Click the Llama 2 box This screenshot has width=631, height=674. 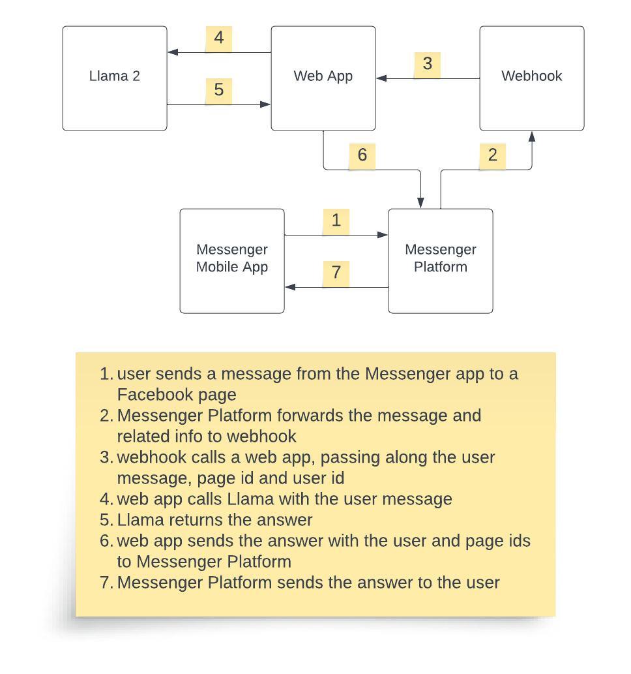click(x=115, y=78)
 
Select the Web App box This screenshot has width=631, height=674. click(x=323, y=78)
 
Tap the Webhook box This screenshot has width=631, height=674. click(x=532, y=78)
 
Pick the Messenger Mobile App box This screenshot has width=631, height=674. click(x=232, y=261)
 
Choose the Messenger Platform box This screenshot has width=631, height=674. click(x=441, y=261)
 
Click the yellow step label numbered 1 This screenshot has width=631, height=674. click(x=336, y=221)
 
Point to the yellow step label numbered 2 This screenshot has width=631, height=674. click(x=493, y=155)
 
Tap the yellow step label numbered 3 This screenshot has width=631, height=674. click(x=428, y=64)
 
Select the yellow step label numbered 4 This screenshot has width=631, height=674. click(x=219, y=38)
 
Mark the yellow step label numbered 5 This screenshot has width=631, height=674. click(x=219, y=89)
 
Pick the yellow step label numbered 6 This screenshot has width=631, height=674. click(x=362, y=155)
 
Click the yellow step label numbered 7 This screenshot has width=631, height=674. click(x=336, y=272)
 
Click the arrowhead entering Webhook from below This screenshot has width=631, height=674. click(x=532, y=136)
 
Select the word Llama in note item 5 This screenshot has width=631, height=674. click(x=140, y=520)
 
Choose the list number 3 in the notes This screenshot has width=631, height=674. click(x=106, y=457)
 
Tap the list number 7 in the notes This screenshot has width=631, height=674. click(x=106, y=583)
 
